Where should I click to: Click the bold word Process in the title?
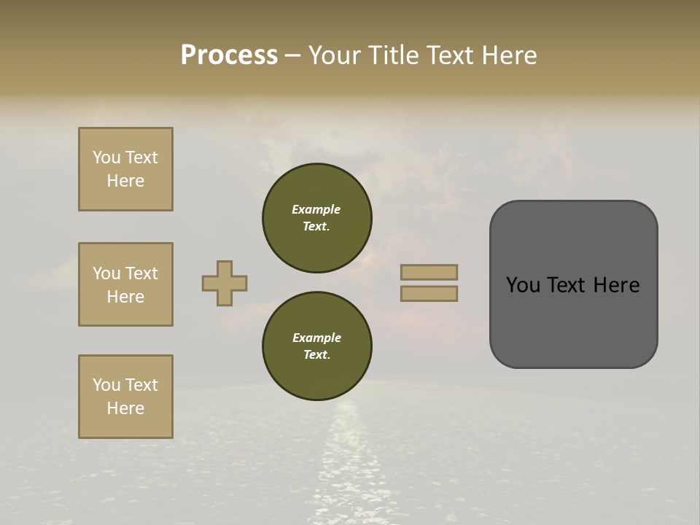[229, 55]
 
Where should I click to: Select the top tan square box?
[125, 169]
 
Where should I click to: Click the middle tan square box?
[125, 284]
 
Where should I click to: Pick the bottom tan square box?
[125, 397]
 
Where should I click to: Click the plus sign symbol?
[225, 283]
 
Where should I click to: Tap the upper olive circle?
[317, 218]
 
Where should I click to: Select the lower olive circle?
[317, 346]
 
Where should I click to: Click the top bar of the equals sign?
[429, 273]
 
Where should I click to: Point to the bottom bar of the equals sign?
[429, 293]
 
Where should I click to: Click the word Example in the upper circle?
[316, 209]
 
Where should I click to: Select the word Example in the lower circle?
[316, 338]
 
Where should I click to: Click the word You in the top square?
[106, 157]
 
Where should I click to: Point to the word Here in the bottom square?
[125, 408]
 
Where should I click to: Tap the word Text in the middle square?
[141, 273]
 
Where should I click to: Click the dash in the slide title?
[293, 55]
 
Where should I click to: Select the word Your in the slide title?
[335, 55]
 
